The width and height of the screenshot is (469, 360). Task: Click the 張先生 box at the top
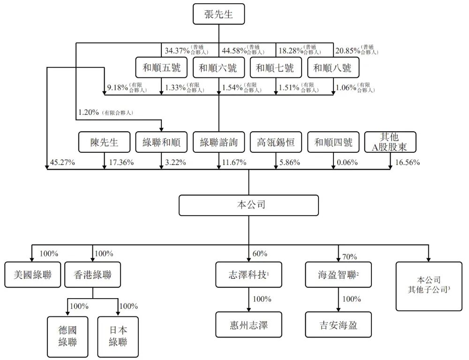tap(219, 15)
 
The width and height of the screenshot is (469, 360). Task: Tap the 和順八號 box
tap(333, 68)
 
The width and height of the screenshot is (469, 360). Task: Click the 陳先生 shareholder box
tap(105, 142)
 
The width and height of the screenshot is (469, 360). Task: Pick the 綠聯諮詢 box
tap(219, 142)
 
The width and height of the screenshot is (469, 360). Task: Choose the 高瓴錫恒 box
tap(276, 142)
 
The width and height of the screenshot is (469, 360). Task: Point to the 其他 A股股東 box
tap(390, 142)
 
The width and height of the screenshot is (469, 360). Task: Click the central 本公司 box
tap(248, 205)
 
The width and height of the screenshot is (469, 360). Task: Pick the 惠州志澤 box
tap(249, 324)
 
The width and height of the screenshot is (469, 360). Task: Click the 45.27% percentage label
tap(63, 163)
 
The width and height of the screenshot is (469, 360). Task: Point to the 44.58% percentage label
tap(234, 50)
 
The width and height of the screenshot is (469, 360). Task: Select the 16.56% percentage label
tap(406, 163)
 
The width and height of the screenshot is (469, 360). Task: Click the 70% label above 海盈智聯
tap(349, 256)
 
